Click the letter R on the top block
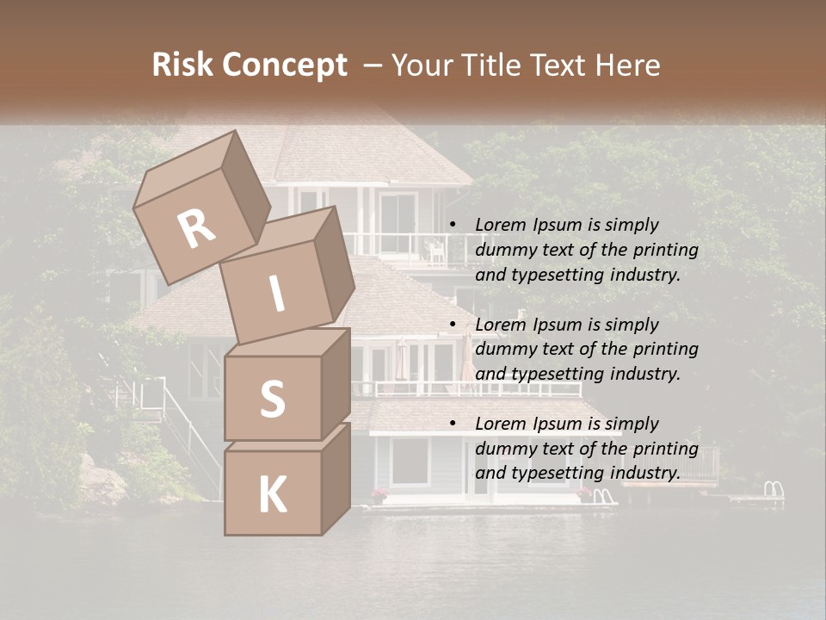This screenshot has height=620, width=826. coord(196,229)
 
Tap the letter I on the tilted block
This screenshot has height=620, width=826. coord(276,294)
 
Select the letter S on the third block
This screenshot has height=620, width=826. coord(272,399)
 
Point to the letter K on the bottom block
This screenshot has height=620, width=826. coord(272,495)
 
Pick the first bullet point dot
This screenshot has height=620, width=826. coord(453,226)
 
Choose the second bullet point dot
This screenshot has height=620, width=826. coord(453,325)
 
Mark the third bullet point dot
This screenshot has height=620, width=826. coord(453,425)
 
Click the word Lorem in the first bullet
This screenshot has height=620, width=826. coord(499,225)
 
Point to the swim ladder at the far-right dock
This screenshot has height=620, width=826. coord(774,490)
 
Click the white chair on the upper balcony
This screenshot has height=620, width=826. coord(436,251)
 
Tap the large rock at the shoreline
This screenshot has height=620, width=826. coord(102,483)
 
